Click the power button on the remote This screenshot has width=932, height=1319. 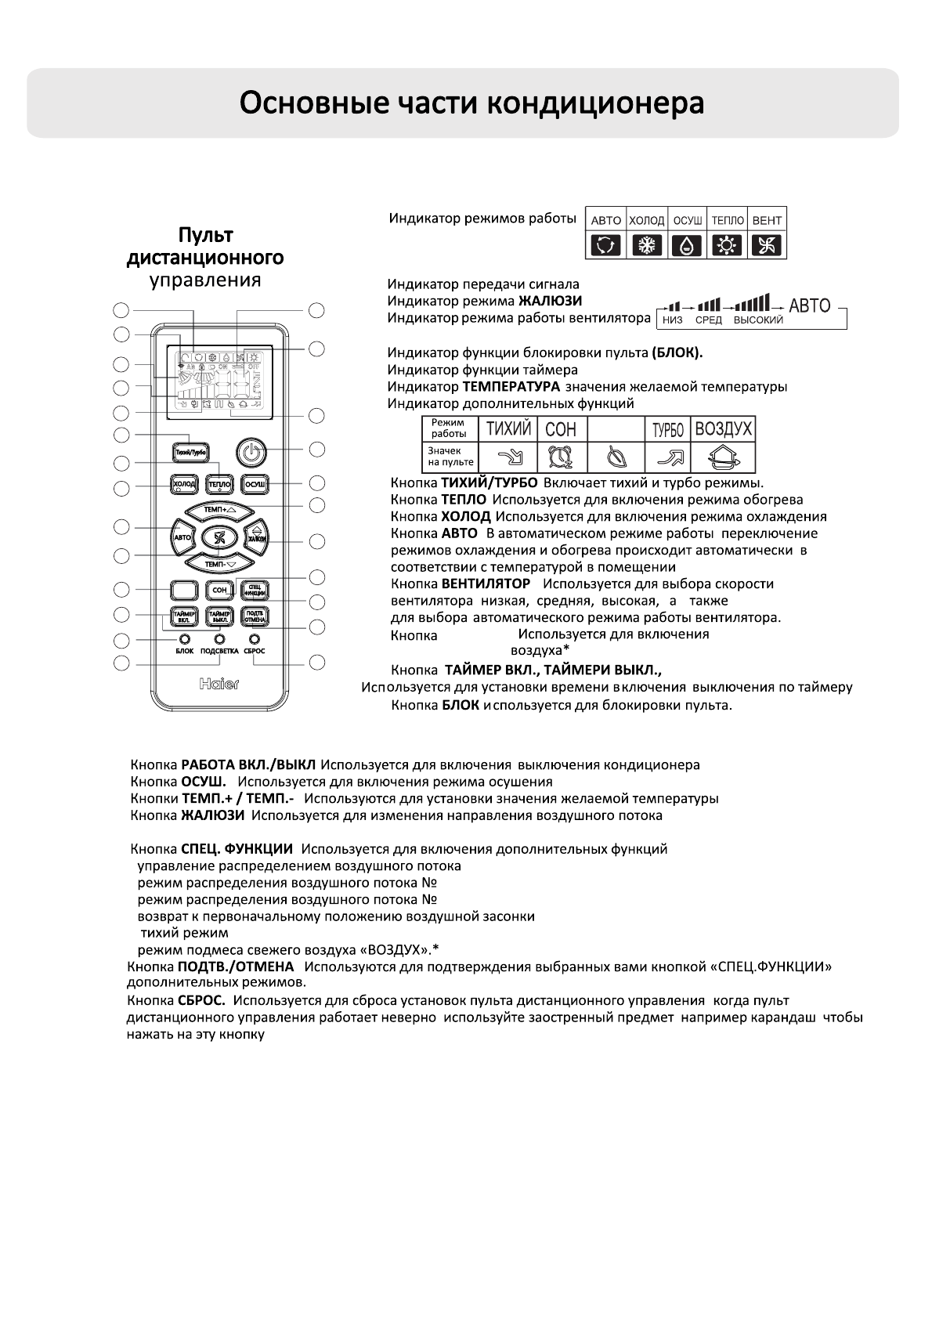[250, 453]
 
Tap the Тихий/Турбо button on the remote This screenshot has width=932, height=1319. [190, 453]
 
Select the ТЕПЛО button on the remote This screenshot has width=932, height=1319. [219, 486]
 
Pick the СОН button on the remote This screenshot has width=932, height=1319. [219, 590]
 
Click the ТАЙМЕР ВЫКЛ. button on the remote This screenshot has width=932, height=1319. [219, 616]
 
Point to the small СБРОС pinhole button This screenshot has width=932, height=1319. [254, 639]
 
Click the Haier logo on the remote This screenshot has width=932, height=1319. [219, 684]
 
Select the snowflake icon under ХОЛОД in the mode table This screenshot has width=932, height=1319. [647, 246]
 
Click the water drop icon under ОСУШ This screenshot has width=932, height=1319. [687, 246]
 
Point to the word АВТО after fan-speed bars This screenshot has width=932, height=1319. [809, 305]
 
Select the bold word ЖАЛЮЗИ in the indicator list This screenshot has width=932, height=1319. [550, 301]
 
